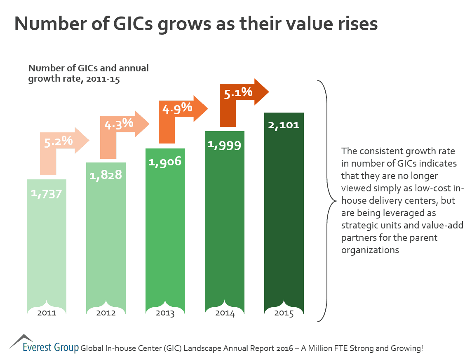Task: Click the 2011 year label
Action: (46, 313)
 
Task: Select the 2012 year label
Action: (106, 313)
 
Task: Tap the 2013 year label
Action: (165, 313)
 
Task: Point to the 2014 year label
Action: (225, 313)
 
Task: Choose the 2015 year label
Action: (284, 313)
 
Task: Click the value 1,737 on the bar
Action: (46, 193)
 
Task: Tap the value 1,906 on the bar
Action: (165, 162)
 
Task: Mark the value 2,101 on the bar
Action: (284, 125)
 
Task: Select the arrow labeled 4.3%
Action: (119, 124)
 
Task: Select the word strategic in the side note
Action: (360, 226)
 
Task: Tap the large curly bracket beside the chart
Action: (327, 200)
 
